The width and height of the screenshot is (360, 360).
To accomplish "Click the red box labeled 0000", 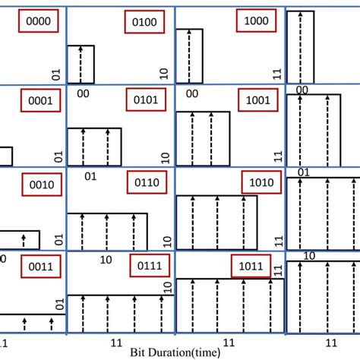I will point(36,22).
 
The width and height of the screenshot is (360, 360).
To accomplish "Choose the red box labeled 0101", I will point(145,102).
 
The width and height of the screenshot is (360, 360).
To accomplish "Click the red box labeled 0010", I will point(37,183).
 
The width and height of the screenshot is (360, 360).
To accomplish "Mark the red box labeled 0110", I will point(145,183).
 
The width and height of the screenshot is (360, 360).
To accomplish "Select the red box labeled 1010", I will point(261,183).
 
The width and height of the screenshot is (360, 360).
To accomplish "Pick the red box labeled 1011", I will point(251,266).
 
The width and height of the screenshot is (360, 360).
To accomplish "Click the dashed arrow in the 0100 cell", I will point(81,65).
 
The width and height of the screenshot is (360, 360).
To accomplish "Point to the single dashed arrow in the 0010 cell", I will point(24,241).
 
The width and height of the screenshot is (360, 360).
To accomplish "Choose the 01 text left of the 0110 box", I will point(89,176).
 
